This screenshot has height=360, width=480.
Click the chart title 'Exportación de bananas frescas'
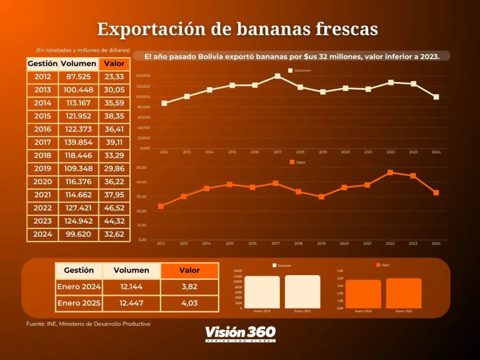[237, 30]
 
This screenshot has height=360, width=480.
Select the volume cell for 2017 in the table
[78, 142]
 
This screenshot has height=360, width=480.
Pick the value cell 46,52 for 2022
[114, 208]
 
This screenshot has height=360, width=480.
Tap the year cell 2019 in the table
[43, 168]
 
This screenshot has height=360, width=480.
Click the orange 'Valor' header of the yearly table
[114, 64]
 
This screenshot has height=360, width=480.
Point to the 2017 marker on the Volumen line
[278, 76]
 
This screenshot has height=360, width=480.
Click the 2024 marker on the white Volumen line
[436, 97]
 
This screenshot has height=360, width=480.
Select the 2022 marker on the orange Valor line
[390, 172]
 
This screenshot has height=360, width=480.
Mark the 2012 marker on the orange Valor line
[161, 206]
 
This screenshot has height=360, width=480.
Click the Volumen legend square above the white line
[290, 70]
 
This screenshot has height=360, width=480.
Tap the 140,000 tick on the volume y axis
[143, 76]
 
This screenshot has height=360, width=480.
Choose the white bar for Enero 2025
[302, 292]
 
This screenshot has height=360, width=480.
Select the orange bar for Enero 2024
[363, 294]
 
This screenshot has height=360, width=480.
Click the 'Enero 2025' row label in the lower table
[79, 303]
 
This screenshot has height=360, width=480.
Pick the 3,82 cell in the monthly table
[189, 287]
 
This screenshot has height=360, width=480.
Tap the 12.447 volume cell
[131, 303]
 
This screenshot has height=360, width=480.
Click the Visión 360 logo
[240, 334]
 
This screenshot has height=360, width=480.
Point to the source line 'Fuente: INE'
[88, 324]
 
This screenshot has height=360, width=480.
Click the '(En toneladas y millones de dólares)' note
[83, 50]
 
